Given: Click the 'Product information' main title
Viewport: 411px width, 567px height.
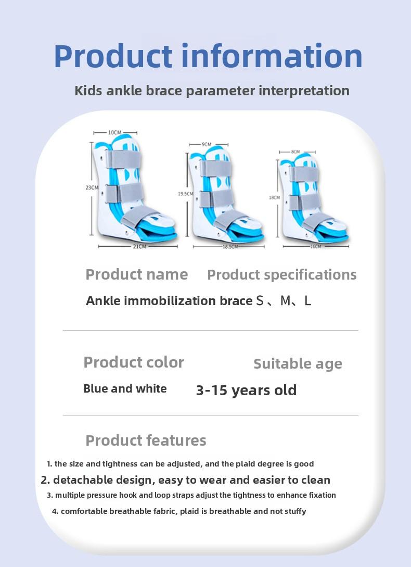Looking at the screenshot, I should coord(208,56).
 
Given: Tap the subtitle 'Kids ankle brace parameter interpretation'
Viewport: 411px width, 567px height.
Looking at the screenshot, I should coord(212,91).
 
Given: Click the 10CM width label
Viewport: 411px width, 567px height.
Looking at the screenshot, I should coord(115,132).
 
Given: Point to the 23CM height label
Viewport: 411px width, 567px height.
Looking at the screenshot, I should coord(92,187).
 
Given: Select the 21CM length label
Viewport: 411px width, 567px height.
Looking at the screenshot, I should coord(139,246).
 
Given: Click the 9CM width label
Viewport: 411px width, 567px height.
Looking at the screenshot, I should coord(207,144).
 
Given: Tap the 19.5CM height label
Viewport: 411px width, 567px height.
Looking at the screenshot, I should coord(185,194).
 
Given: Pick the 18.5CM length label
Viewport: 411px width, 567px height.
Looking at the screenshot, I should coord(230,246).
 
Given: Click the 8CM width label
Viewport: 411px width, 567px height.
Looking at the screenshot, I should coord(296,152).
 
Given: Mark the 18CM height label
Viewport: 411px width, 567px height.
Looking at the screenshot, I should coord(274,198).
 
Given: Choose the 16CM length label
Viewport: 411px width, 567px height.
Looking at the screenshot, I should coord(315,246).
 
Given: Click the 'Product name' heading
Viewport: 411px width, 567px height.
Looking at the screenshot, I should coord(136,274).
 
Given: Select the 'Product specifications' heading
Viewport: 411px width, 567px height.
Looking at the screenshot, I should coord(281,275).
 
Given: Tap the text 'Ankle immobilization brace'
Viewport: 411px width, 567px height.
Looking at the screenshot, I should coord(169,301).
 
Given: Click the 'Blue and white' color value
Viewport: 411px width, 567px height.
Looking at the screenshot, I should coord(125,389).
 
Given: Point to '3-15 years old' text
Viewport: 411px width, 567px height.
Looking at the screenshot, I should coord(246,390).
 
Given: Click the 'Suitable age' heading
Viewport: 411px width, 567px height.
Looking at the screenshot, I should coord(298,364).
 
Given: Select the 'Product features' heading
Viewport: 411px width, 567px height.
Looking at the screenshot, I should coord(146,440).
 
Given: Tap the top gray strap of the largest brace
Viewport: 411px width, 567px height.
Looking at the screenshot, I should coord(123,159).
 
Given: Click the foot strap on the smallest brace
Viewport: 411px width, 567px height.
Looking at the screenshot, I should coord(318,221).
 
